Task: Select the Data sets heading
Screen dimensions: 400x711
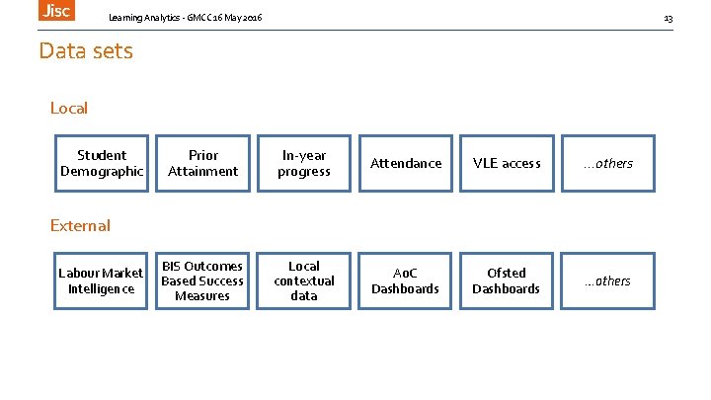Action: click(x=86, y=50)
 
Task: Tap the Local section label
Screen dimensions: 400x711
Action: click(x=69, y=108)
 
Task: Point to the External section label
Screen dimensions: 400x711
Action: click(x=80, y=225)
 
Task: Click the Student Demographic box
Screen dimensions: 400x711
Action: click(x=102, y=163)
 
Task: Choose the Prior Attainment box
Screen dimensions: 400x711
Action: click(x=202, y=163)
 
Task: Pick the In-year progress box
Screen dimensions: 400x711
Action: click(x=304, y=163)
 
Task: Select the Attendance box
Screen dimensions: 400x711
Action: click(x=406, y=163)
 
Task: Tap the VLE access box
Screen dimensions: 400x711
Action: click(x=507, y=163)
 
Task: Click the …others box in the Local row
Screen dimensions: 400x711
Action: click(x=608, y=163)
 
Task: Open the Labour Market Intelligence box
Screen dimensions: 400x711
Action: click(x=102, y=280)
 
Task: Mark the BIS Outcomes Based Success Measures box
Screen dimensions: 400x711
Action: click(x=202, y=280)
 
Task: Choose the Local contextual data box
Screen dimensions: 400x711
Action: click(x=304, y=280)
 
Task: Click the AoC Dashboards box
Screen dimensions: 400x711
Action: click(x=406, y=280)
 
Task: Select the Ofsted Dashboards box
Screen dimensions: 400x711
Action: click(x=507, y=280)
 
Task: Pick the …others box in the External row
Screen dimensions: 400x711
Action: click(x=608, y=280)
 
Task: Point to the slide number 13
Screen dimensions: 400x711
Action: click(x=668, y=19)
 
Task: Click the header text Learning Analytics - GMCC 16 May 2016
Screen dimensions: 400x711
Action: click(x=186, y=19)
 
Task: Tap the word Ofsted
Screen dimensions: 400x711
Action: click(x=507, y=273)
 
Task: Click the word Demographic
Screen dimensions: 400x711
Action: click(x=102, y=171)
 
